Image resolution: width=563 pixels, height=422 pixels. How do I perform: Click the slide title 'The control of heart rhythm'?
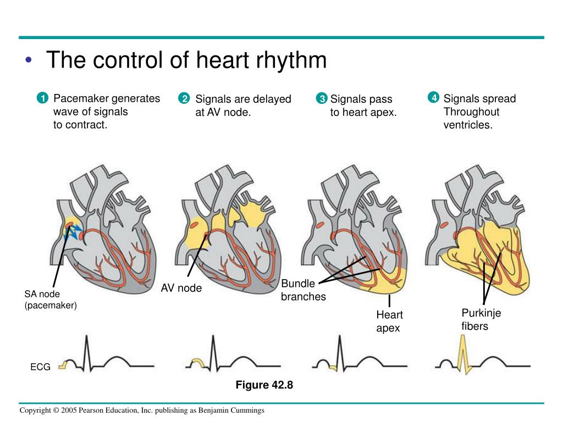click(x=186, y=60)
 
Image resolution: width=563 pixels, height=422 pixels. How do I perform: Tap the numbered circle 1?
click(x=41, y=99)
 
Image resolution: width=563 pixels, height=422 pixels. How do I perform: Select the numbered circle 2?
click(x=184, y=99)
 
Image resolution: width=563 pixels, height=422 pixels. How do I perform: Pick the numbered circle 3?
click(x=322, y=99)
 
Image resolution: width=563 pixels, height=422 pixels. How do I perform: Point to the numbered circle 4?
click(x=434, y=98)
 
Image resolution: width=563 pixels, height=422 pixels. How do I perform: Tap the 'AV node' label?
click(x=181, y=288)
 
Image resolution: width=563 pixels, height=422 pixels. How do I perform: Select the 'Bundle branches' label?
click(x=303, y=290)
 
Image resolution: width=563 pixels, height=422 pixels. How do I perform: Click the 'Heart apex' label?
click(x=389, y=321)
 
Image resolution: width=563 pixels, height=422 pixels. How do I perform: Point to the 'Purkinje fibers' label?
click(x=481, y=319)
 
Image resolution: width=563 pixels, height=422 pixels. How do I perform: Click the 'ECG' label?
click(x=40, y=367)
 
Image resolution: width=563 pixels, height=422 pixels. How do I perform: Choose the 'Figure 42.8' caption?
click(x=264, y=385)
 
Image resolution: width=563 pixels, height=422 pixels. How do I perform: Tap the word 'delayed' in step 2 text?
click(x=272, y=99)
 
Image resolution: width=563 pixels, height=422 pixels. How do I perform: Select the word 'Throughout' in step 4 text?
click(x=471, y=112)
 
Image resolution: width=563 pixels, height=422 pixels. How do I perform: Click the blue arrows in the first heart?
click(x=74, y=230)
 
